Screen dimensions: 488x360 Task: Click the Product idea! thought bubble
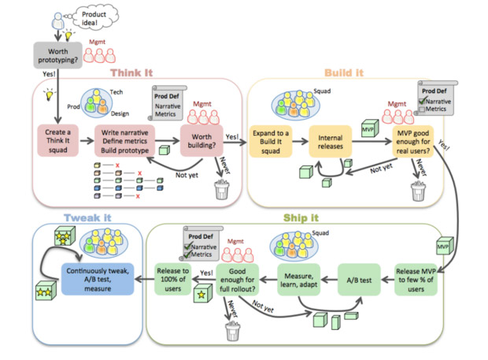[x=95, y=17]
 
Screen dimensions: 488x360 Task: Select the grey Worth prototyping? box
[x=58, y=55]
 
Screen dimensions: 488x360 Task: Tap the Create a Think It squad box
[x=58, y=141]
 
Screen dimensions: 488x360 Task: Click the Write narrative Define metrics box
[x=125, y=141]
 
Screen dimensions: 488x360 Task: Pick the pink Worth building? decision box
[x=201, y=141]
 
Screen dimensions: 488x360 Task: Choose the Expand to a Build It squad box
[x=271, y=142]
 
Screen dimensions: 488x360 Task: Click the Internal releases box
[x=331, y=142]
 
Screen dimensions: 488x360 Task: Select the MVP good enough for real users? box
[x=413, y=142]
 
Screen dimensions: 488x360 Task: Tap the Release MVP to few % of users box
[x=416, y=280]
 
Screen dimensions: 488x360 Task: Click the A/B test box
[x=359, y=280]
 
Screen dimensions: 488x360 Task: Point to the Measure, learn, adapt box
[x=299, y=280]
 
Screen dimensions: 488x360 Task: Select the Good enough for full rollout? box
[x=238, y=280]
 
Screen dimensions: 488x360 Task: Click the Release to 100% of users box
[x=172, y=280]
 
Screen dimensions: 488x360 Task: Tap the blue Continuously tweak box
[x=98, y=280]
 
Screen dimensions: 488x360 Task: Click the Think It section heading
[x=131, y=73]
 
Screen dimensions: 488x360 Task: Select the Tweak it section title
[x=87, y=217]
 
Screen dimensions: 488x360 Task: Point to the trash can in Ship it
[x=233, y=331]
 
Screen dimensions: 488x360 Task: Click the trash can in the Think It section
[x=222, y=189]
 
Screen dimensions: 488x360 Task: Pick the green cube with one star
[x=202, y=293]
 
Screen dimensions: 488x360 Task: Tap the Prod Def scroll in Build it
[x=436, y=98]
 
